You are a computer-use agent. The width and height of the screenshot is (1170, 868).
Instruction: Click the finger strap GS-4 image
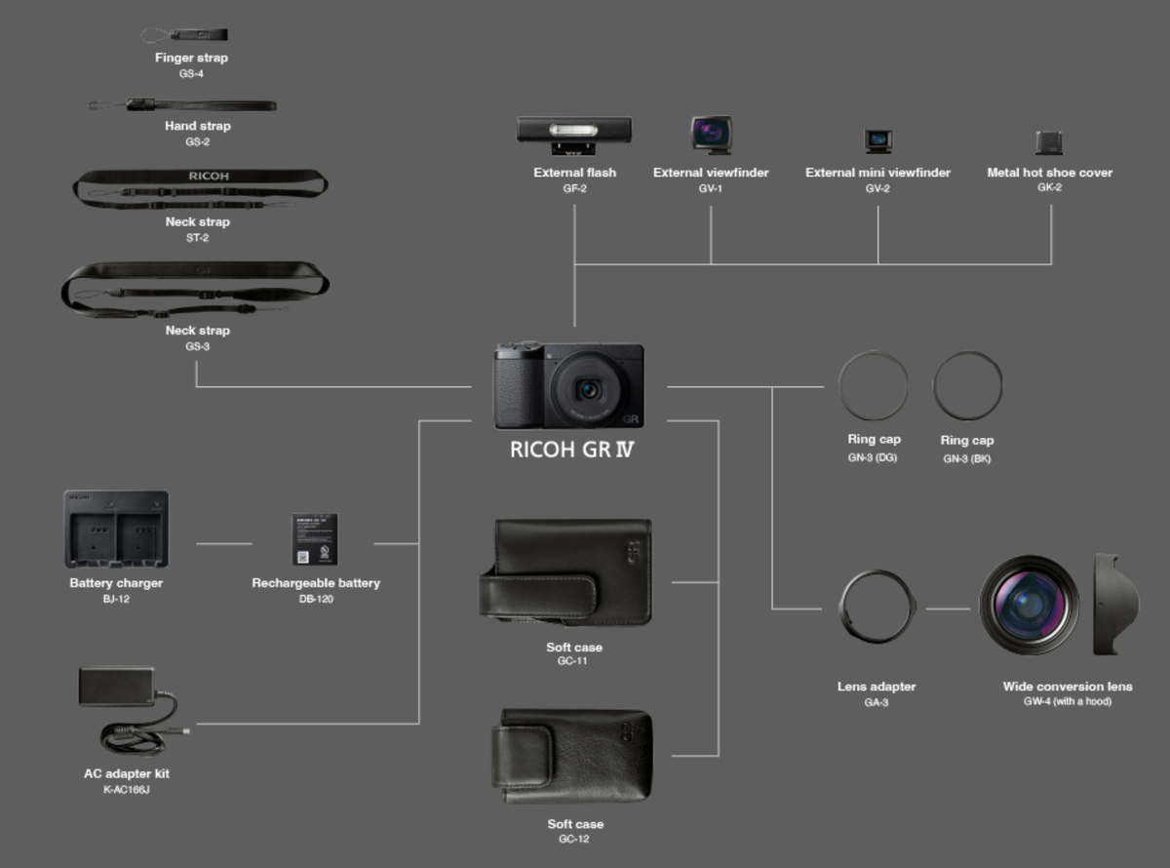[x=186, y=35]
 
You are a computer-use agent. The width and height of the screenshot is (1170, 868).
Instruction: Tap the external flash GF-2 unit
[x=573, y=131]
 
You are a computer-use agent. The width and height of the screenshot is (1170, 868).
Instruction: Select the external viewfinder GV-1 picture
[x=711, y=134]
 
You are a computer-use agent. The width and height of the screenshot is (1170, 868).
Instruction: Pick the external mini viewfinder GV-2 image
[x=877, y=140]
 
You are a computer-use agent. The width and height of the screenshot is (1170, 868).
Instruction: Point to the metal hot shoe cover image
[x=1049, y=142]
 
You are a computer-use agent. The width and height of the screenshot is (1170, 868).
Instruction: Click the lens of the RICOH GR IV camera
[x=588, y=389]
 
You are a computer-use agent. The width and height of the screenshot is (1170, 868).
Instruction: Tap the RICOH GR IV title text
[x=572, y=452]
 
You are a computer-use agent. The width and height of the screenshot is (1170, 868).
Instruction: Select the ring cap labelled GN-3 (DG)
[x=873, y=386]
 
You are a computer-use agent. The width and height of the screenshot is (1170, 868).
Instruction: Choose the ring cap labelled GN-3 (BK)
[x=967, y=386]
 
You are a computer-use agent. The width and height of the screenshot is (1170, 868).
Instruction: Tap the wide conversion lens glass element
[x=1028, y=605]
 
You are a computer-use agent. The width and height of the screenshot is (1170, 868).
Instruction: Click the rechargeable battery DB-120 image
[x=315, y=539]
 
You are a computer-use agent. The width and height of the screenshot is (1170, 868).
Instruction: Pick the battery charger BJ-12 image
[x=116, y=529]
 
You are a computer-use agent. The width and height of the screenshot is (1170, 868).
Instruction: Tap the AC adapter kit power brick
[x=117, y=686]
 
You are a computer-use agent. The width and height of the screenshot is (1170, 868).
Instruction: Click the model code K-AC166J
[x=126, y=789]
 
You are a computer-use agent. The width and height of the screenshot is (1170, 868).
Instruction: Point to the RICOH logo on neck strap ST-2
[x=208, y=177]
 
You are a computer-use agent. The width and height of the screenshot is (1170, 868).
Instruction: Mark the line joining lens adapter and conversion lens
[x=948, y=609]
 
